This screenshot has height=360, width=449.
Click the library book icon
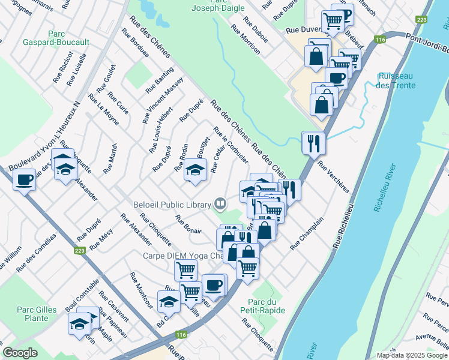click(x=220, y=205)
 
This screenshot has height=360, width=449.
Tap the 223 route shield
click(x=421, y=20)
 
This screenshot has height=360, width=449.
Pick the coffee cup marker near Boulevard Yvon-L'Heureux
click(x=25, y=179)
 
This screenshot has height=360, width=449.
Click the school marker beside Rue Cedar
click(x=194, y=169)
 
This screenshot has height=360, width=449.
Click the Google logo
click(x=20, y=353)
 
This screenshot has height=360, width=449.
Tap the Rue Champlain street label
click(x=307, y=233)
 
